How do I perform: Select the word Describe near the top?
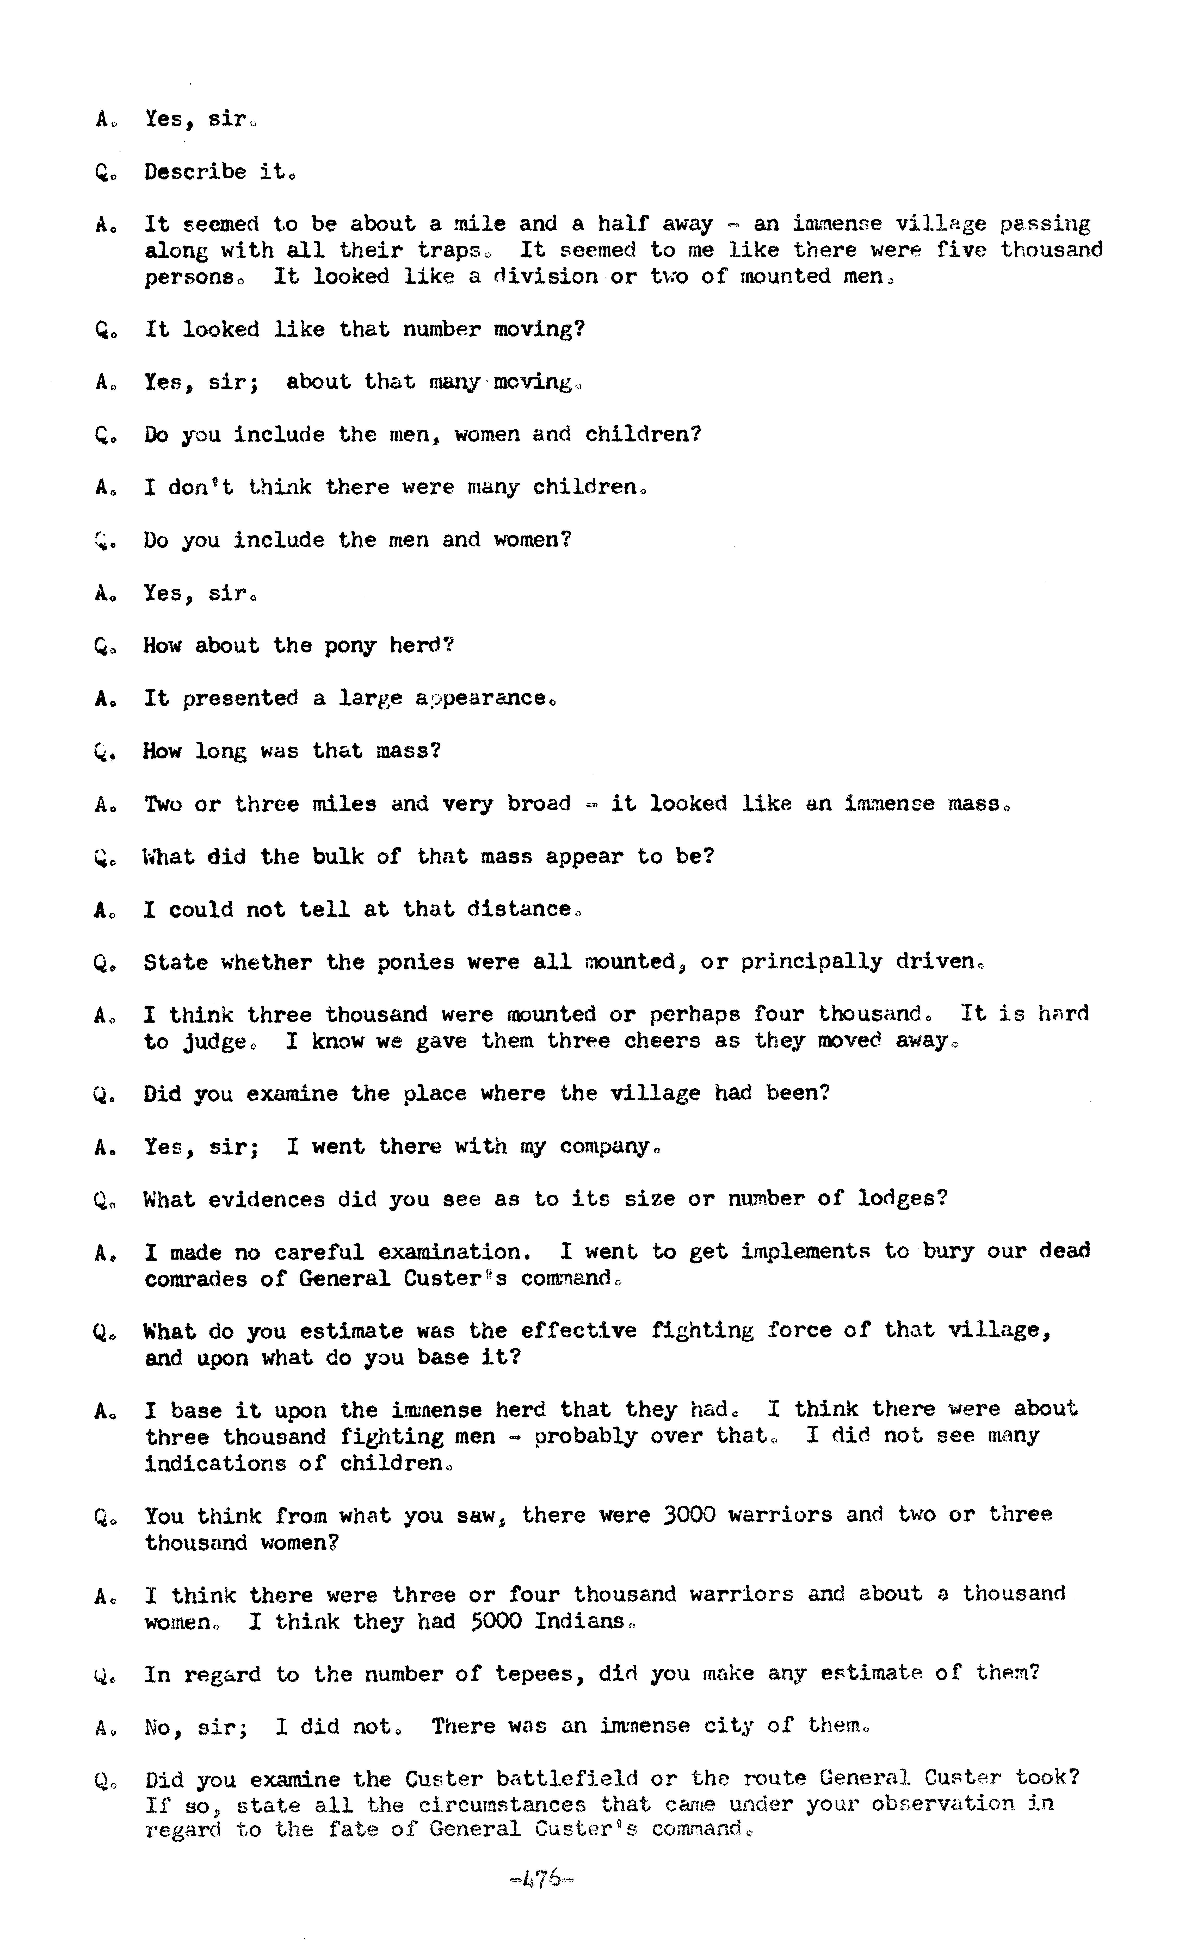195,172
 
